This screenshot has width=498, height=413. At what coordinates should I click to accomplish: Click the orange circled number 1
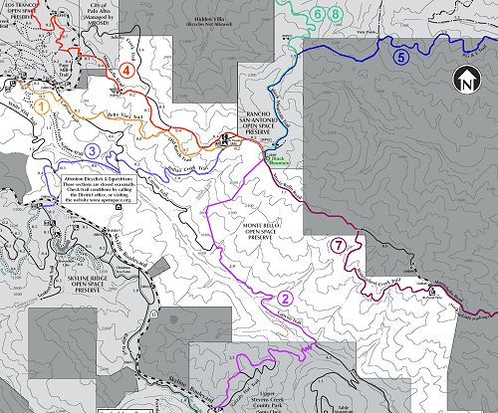[42, 103]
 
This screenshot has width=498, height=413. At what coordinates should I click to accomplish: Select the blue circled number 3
[92, 150]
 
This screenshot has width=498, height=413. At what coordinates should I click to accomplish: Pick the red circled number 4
[125, 70]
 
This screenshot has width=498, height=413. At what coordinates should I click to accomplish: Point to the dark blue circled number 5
[401, 57]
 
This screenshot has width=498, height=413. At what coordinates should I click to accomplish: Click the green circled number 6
[317, 14]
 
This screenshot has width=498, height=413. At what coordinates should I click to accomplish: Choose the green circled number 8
[335, 14]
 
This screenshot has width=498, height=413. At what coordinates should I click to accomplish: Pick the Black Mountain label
[278, 157]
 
